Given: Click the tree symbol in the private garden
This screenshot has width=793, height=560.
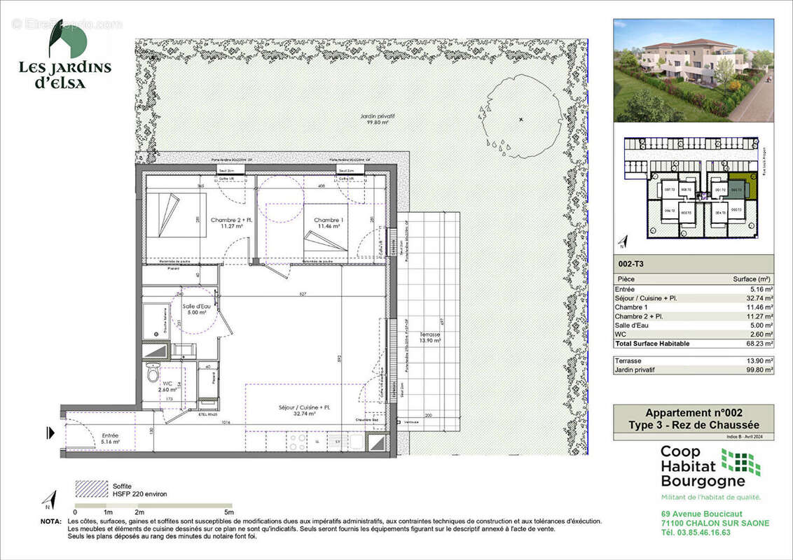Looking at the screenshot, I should coord(520,120).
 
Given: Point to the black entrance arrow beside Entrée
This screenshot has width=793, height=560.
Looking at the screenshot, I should coord(50,433).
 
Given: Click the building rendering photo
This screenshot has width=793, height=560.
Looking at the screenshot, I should coord(694,70).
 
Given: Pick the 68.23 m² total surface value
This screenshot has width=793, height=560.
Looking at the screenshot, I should coord(759,344).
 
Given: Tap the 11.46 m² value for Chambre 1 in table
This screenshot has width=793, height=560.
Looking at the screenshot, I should coord(760,307).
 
